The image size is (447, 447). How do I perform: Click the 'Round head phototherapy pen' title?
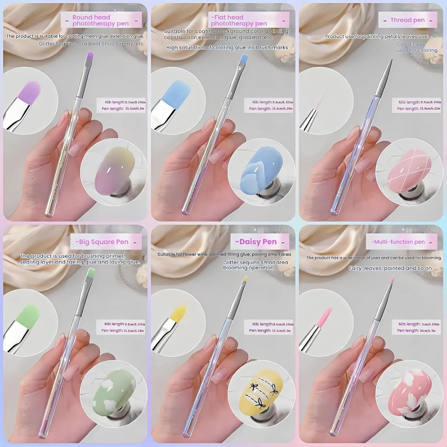(100, 21)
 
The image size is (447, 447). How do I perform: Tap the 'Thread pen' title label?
(407, 20)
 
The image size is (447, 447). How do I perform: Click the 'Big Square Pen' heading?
(103, 242)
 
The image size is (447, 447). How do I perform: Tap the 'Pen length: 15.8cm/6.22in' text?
(418, 109)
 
